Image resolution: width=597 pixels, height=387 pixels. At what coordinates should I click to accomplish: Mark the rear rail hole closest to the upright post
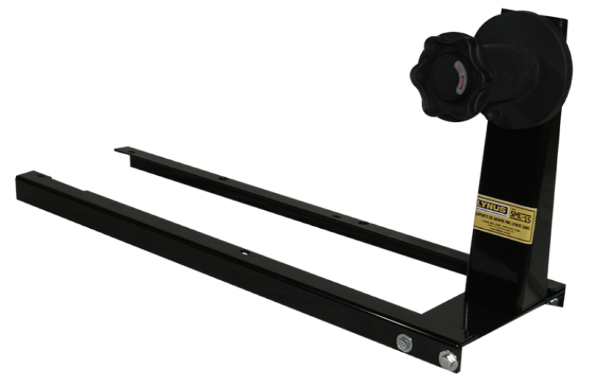[x=362, y=222]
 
